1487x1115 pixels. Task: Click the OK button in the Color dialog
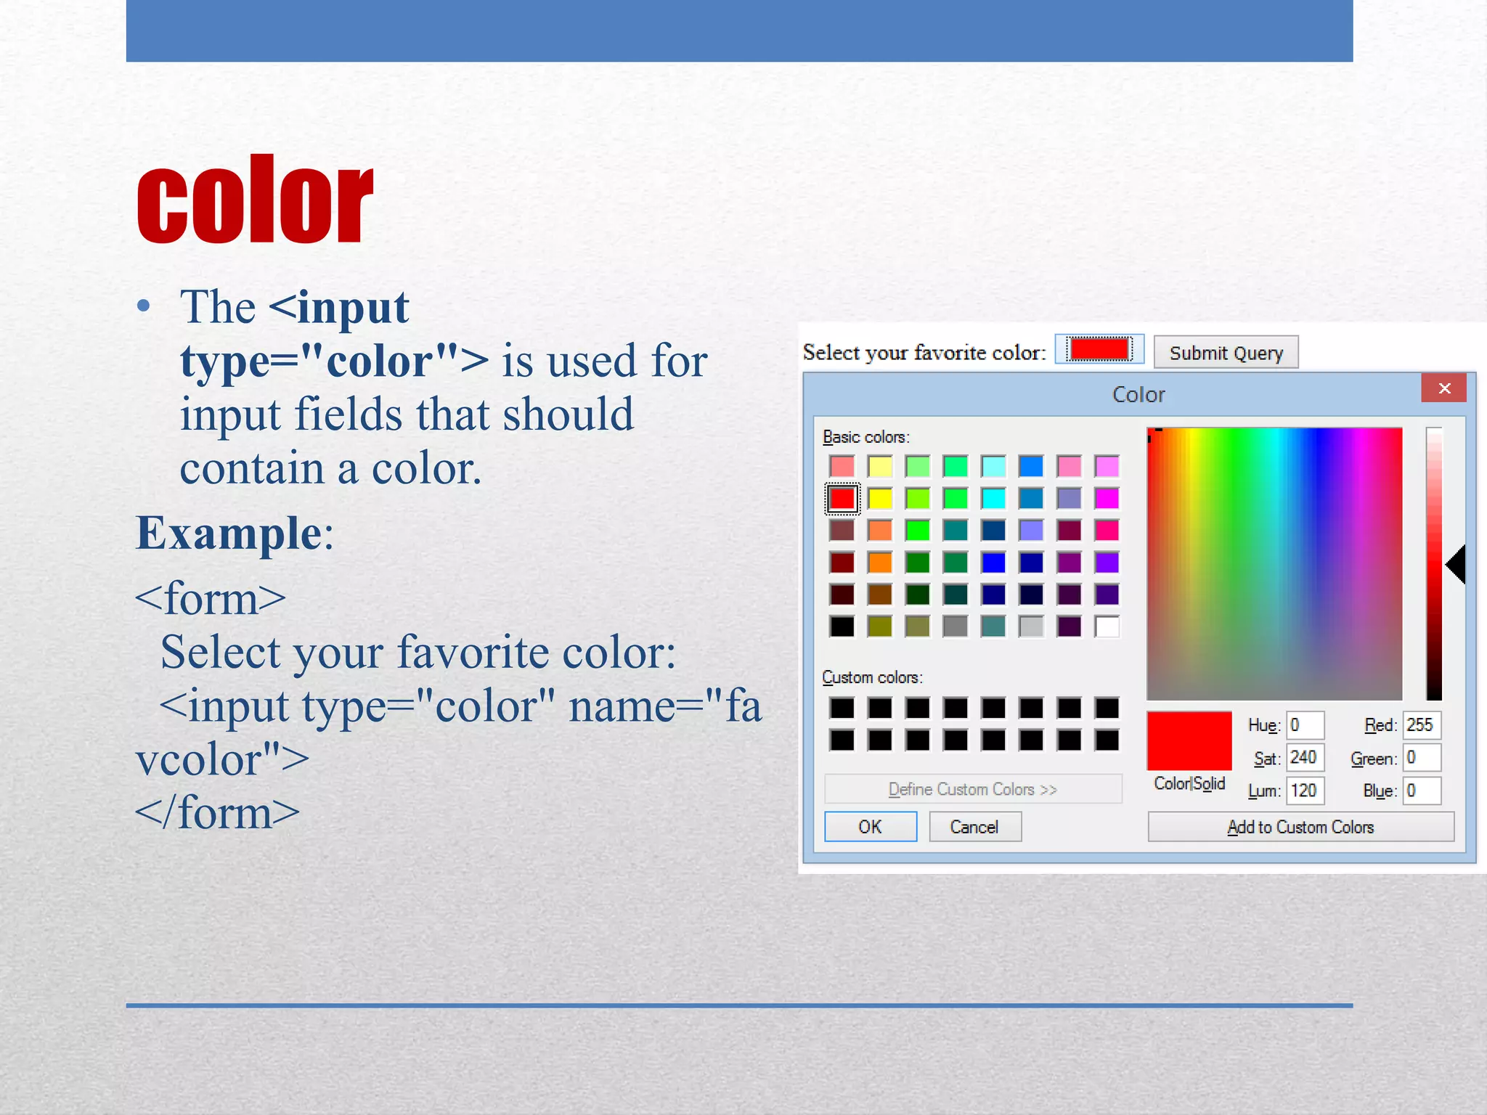click(870, 827)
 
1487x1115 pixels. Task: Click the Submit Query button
click(1226, 353)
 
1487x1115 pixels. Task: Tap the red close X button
click(1443, 388)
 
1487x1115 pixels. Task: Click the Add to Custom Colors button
click(1300, 827)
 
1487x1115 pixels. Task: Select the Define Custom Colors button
click(972, 789)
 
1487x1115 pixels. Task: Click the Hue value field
click(1305, 725)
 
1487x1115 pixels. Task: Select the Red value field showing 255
click(1421, 725)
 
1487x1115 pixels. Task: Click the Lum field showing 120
click(1305, 791)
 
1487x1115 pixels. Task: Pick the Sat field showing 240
click(1305, 758)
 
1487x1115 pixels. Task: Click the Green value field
click(1421, 758)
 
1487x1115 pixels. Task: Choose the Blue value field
click(1421, 791)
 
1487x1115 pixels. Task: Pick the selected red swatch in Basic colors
click(842, 499)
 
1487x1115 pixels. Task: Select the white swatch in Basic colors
click(1107, 626)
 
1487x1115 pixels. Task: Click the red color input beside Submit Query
click(1099, 349)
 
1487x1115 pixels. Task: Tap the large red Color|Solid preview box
click(1189, 740)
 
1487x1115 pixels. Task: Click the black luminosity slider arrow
click(1457, 565)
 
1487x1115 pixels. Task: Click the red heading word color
click(254, 200)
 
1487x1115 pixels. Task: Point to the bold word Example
click(229, 534)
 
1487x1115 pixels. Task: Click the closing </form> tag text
click(217, 813)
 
